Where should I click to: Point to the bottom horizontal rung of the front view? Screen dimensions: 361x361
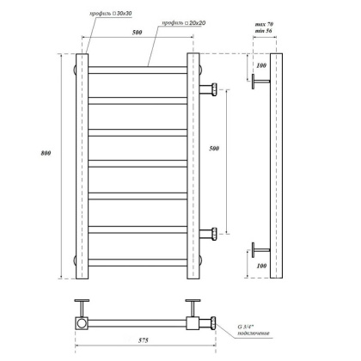[x=138, y=260]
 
